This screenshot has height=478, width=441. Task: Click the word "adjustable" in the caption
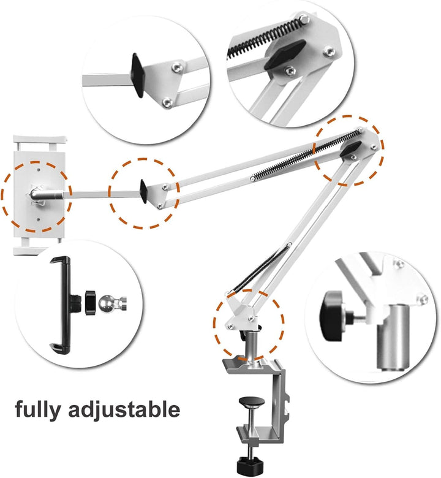126,409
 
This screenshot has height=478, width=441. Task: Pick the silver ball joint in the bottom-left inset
109,303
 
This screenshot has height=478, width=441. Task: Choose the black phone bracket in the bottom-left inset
61,305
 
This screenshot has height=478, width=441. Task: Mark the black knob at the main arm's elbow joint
353,148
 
